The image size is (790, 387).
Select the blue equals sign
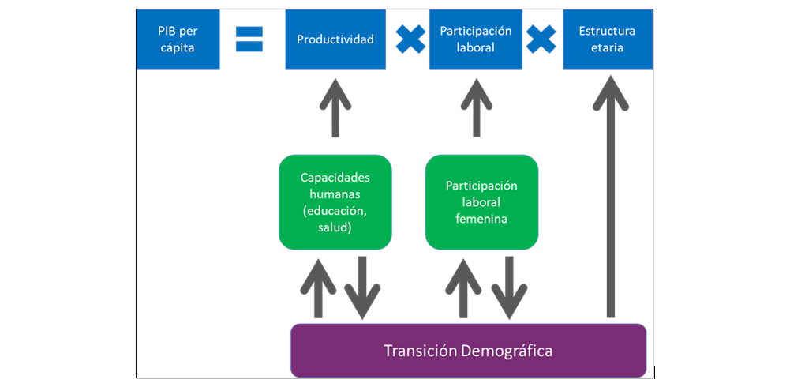point(249,39)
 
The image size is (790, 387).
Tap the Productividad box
point(335,39)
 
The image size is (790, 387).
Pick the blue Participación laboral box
point(476,39)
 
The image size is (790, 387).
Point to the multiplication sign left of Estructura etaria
point(541,39)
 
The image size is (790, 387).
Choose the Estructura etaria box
point(607,39)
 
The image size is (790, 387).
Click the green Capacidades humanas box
point(335,202)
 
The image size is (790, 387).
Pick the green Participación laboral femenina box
point(481,202)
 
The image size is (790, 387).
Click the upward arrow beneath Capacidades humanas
point(318,287)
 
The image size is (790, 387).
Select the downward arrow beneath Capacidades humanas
point(361,287)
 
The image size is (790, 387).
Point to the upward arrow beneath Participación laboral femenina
point(463,287)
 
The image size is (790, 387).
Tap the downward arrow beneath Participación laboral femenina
point(508,287)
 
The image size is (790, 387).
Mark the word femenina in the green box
point(481,219)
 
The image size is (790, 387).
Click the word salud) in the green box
point(335,227)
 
